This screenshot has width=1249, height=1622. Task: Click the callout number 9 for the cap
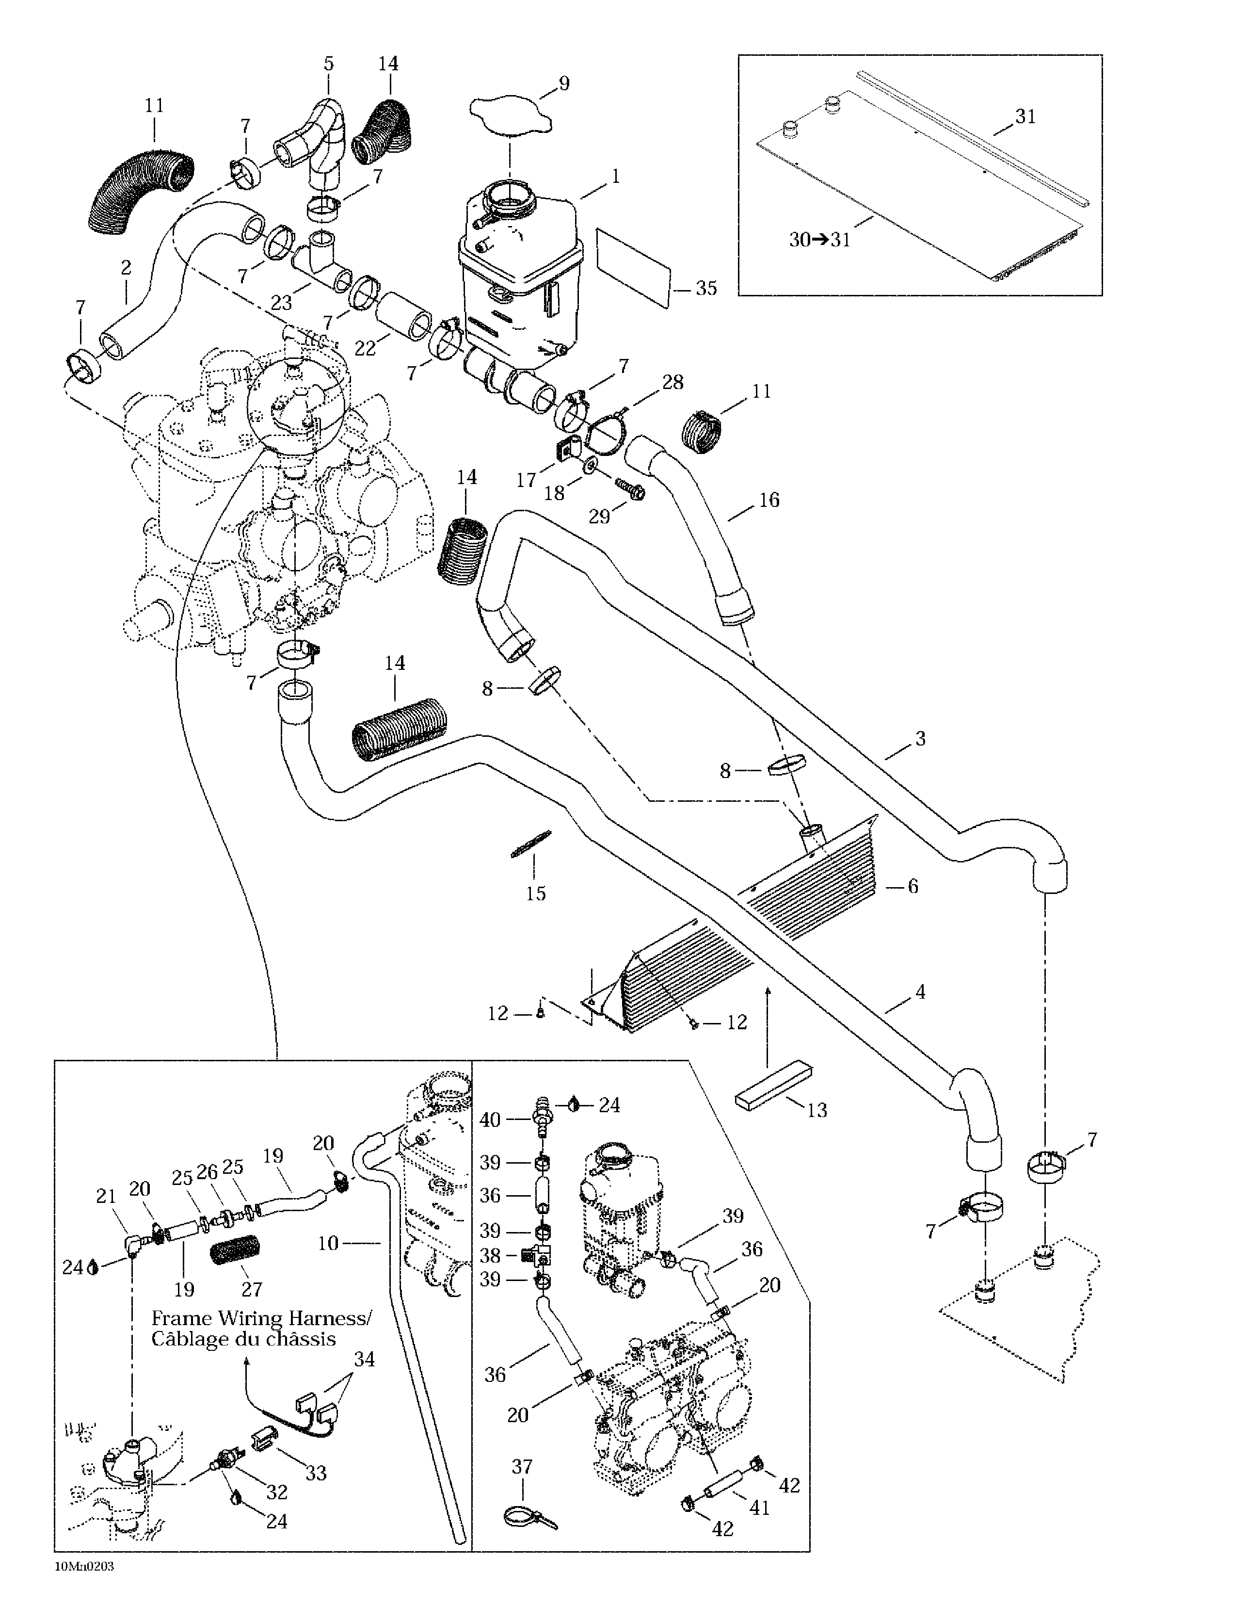click(x=563, y=82)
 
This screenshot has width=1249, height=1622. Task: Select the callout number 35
click(x=705, y=288)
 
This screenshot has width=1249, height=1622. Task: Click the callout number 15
click(x=535, y=892)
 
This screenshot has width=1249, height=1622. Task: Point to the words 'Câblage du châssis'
click(x=243, y=1339)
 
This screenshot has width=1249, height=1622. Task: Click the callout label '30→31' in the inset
click(x=819, y=240)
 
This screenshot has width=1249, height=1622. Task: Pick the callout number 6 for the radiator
click(x=913, y=886)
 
